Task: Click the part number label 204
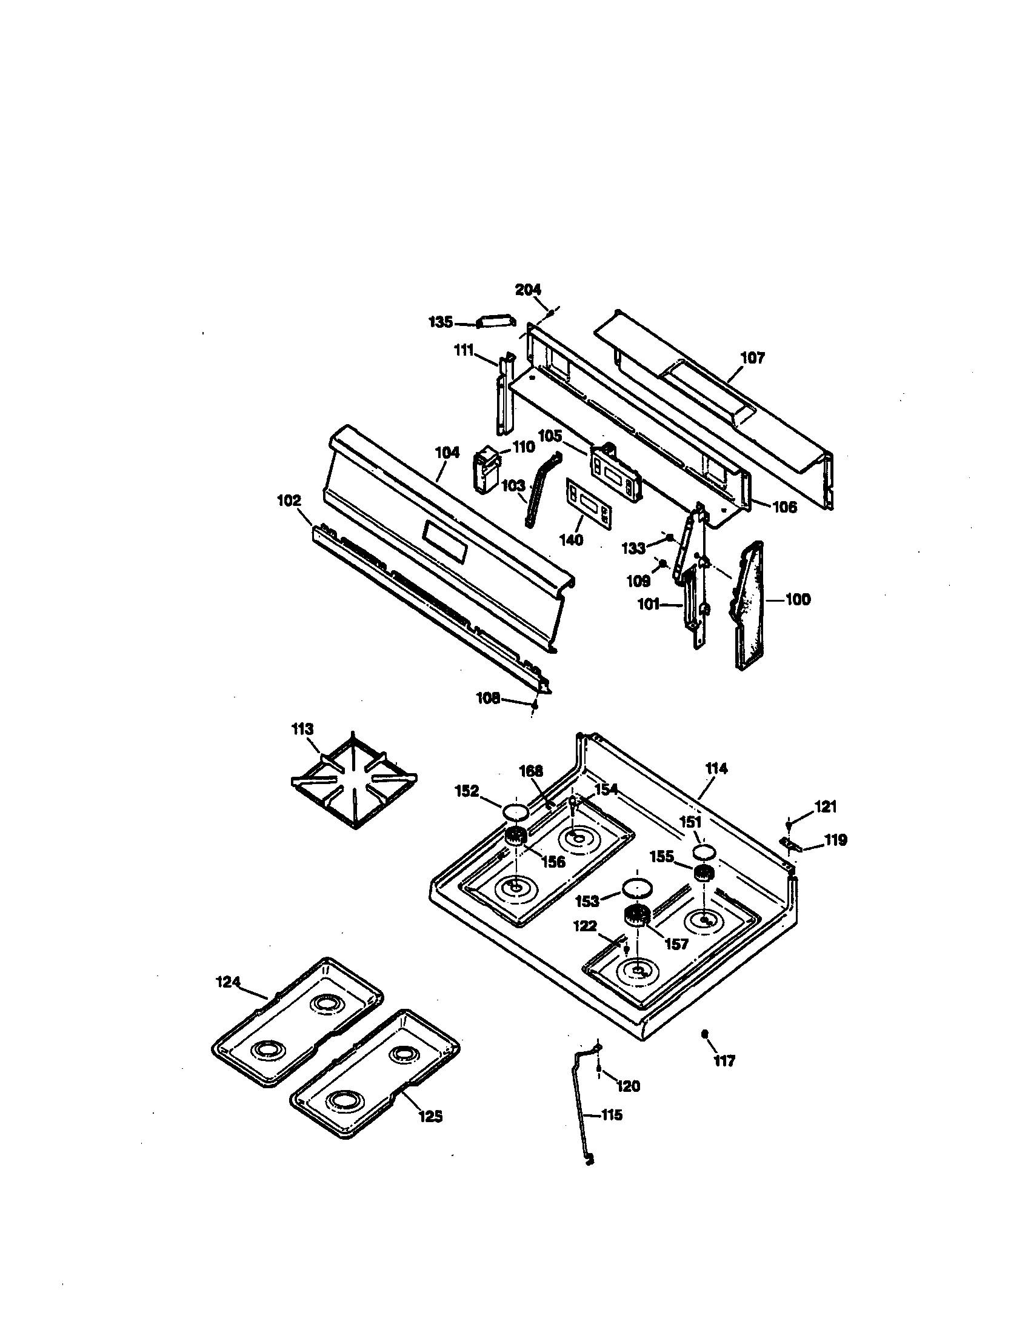click(528, 290)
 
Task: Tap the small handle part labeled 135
click(496, 322)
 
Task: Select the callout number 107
click(752, 357)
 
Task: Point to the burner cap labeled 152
click(515, 812)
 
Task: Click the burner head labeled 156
click(516, 837)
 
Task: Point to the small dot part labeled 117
click(705, 1033)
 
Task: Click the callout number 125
click(430, 1116)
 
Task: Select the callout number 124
click(228, 982)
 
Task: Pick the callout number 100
click(797, 599)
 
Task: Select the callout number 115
click(611, 1115)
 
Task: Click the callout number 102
click(289, 500)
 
